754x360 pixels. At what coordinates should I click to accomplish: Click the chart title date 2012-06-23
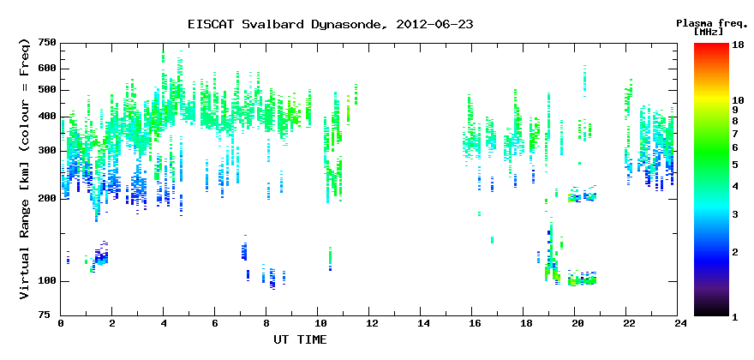(x=434, y=25)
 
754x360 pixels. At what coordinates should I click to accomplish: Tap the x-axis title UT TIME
(x=300, y=339)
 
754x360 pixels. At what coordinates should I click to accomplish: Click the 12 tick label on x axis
(x=368, y=323)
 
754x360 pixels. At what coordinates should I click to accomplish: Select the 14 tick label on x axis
(x=421, y=323)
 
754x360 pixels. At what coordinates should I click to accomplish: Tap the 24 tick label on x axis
(x=678, y=323)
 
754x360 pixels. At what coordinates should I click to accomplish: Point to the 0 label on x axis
(x=61, y=323)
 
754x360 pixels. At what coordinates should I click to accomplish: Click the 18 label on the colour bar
(x=738, y=44)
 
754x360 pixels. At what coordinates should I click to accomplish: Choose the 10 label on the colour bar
(x=738, y=100)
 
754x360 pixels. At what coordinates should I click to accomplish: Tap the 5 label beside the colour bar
(x=735, y=165)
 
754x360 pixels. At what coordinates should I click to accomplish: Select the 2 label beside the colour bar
(x=735, y=252)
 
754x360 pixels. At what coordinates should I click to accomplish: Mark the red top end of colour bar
(x=712, y=45)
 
